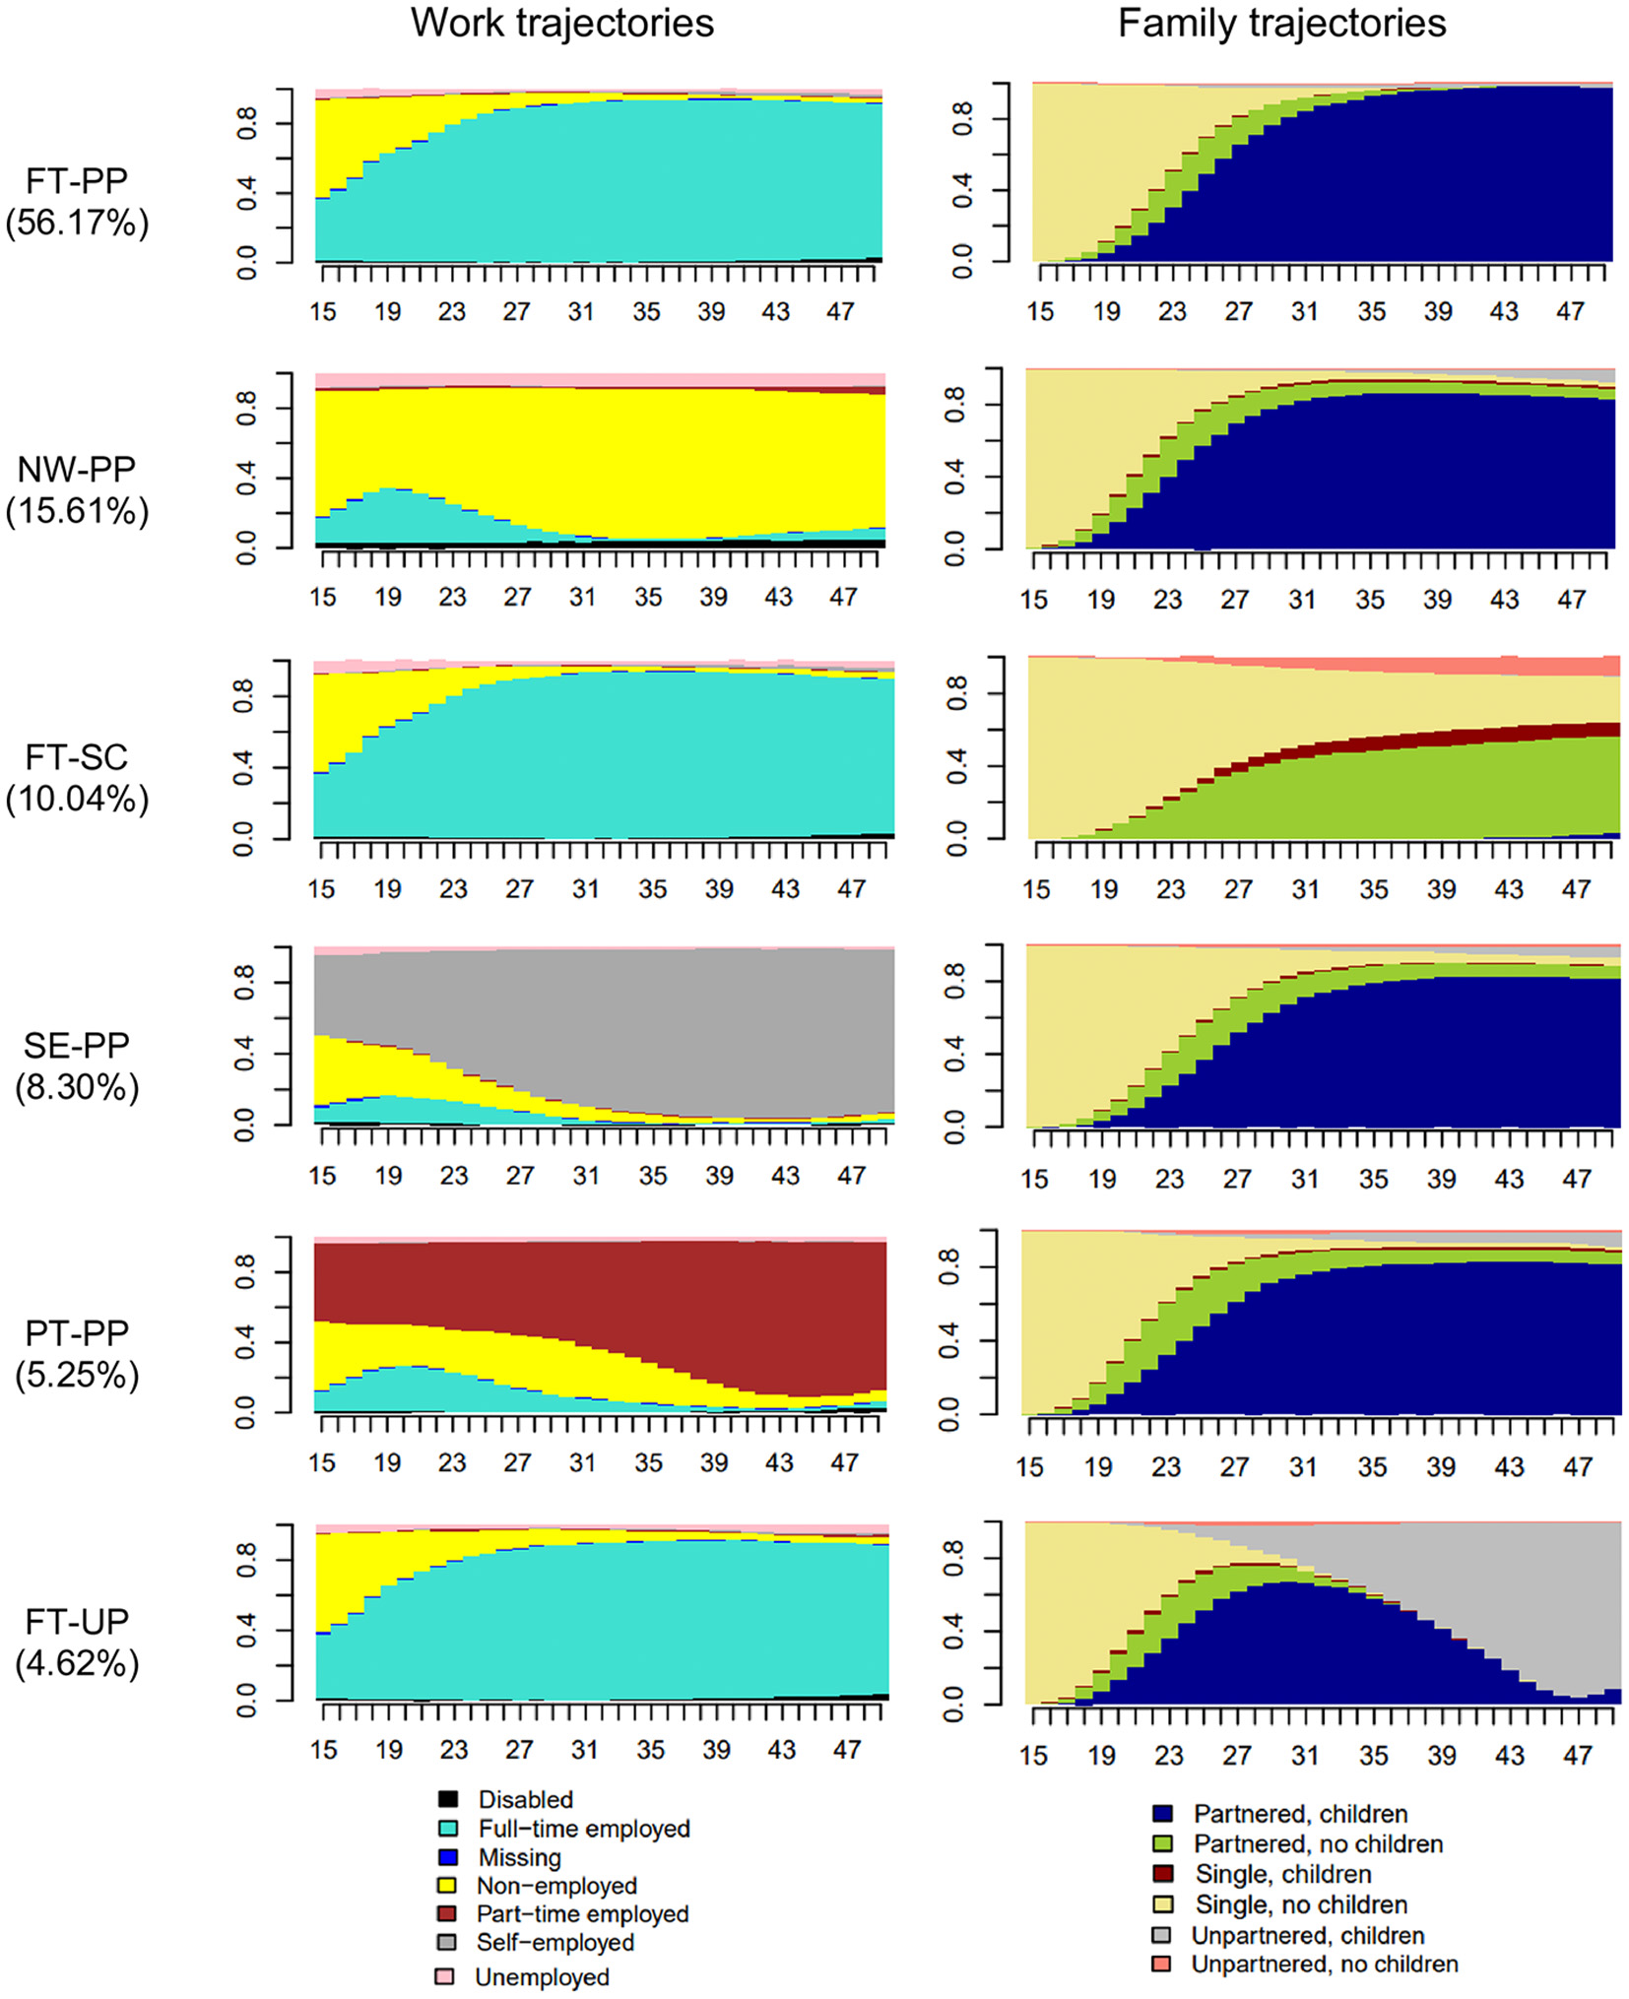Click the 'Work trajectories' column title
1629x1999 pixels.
[561, 24]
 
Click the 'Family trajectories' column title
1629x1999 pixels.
[1281, 24]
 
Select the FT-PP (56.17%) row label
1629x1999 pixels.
[77, 202]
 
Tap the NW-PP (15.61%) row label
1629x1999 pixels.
[77, 490]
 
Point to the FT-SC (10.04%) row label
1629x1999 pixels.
[77, 778]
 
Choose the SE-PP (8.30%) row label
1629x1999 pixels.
[77, 1066]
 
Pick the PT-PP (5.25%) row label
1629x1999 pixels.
[77, 1354]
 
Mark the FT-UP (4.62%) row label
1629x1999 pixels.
[77, 1643]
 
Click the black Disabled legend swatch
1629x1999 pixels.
[448, 1799]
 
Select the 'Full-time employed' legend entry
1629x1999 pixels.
[583, 1829]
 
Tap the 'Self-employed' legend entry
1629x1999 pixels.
[554, 1942]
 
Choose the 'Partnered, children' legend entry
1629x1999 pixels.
[1300, 1814]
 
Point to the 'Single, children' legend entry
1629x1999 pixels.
[1282, 1874]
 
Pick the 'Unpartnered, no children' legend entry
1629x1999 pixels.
[1324, 1964]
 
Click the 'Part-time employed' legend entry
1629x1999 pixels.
[582, 1913]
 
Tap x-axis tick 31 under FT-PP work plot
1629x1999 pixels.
[581, 312]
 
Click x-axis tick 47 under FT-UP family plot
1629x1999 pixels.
[1577, 1755]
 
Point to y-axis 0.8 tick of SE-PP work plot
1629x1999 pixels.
[246, 982]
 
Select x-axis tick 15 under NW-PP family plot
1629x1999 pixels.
[1033, 600]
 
